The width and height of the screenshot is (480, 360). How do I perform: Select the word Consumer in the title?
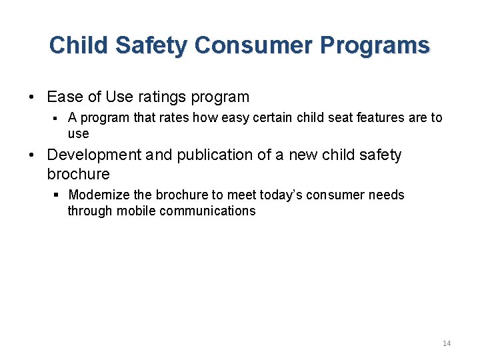pyautogui.click(x=254, y=45)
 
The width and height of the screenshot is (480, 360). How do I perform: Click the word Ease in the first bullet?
pyautogui.click(x=65, y=97)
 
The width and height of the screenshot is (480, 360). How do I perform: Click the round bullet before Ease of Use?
pyautogui.click(x=32, y=97)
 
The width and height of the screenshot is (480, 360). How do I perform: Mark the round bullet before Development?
pyautogui.click(x=32, y=155)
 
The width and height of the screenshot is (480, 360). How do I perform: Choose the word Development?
pyautogui.click(x=94, y=155)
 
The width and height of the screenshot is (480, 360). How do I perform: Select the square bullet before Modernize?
pyautogui.click(x=57, y=195)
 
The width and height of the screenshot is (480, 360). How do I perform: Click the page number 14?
pyautogui.click(x=446, y=343)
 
